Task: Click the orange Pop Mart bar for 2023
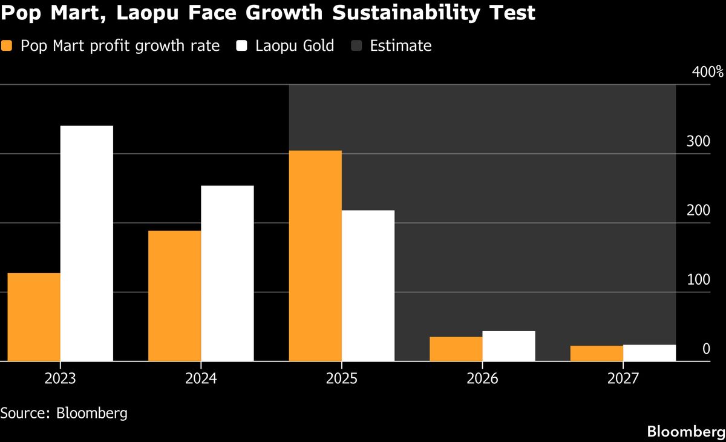pyautogui.click(x=34, y=317)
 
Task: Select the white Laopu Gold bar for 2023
pyautogui.click(x=87, y=243)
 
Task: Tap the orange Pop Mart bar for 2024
pyautogui.click(x=174, y=295)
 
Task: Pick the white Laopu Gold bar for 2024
pyautogui.click(x=227, y=273)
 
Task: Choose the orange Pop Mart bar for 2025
pyautogui.click(x=315, y=256)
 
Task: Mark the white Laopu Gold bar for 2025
pyautogui.click(x=368, y=285)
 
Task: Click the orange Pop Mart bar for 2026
pyautogui.click(x=456, y=349)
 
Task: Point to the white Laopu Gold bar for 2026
pyautogui.click(x=508, y=346)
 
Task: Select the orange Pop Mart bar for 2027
pyautogui.click(x=597, y=353)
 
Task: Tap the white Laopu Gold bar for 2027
pyautogui.click(x=649, y=352)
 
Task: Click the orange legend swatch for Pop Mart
pyautogui.click(x=8, y=46)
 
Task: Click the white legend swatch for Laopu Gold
pyautogui.click(x=242, y=46)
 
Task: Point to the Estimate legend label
pyautogui.click(x=401, y=46)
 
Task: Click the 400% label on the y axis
pyautogui.click(x=707, y=72)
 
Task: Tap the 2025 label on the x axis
pyautogui.click(x=342, y=379)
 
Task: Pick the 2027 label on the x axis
pyautogui.click(x=623, y=379)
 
